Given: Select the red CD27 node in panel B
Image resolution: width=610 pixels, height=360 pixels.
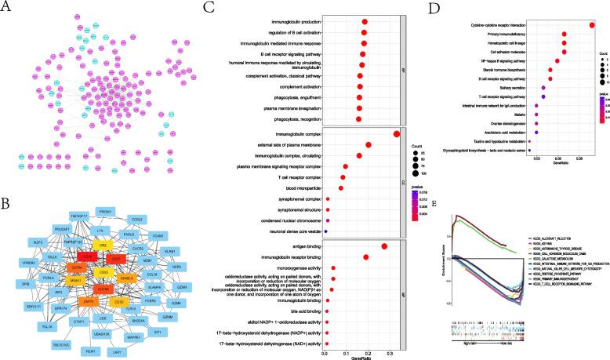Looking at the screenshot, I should (x=115, y=256).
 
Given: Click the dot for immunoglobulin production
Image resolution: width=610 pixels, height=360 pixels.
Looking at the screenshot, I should (x=365, y=22).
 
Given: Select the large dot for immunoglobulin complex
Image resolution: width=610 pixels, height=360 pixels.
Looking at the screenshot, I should (x=398, y=134).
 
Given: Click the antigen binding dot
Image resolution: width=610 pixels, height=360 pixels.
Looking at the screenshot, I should (x=384, y=247).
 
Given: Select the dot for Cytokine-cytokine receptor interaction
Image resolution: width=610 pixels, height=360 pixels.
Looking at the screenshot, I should (x=592, y=25).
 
